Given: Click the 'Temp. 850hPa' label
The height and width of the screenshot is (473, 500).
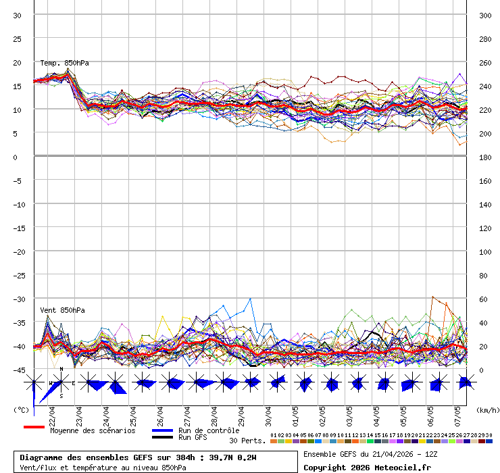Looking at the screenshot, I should (x=64, y=63).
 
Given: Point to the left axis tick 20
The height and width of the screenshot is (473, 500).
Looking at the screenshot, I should (x=17, y=62).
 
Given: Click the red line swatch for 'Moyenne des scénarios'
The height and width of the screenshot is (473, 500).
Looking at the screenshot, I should (x=34, y=427).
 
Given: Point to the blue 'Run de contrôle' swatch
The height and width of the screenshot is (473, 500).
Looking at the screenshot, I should (x=162, y=430).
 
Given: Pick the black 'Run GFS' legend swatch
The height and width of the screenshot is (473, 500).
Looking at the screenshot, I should (x=162, y=437).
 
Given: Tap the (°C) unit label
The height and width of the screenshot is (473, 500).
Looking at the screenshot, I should (x=20, y=409).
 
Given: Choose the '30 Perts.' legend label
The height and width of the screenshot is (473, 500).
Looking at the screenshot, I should (x=247, y=441).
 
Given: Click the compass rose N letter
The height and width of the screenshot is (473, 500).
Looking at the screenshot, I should (x=61, y=370).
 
